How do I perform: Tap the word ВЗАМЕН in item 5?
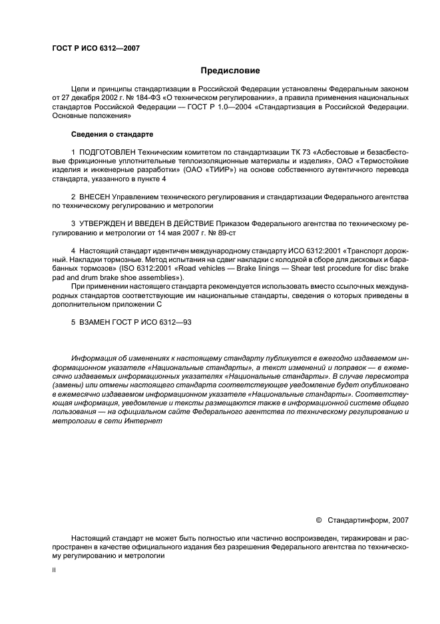93,324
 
